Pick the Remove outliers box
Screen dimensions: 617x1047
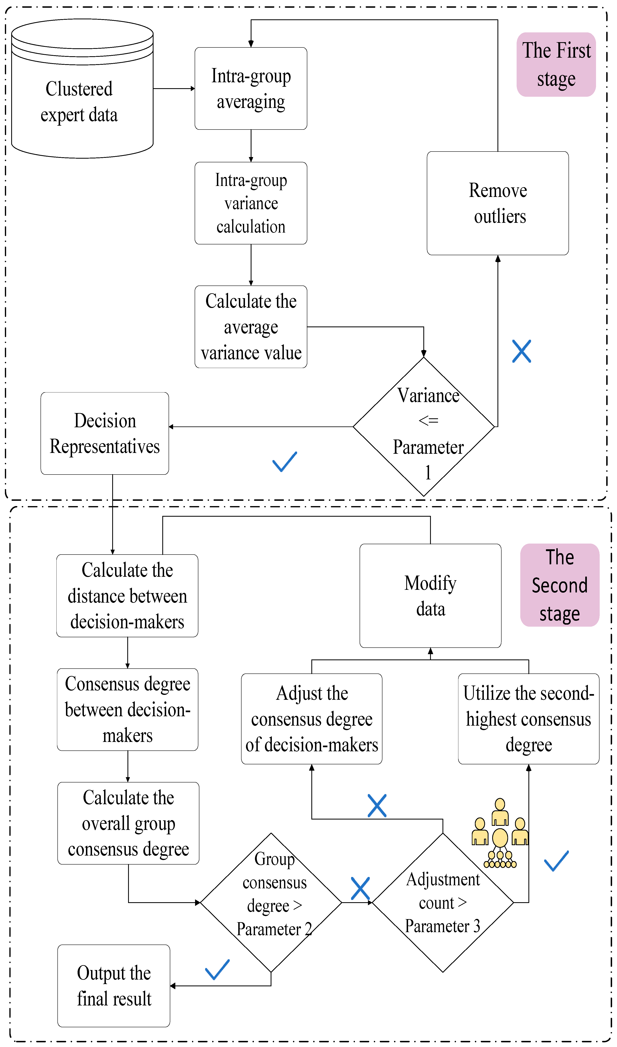(498, 203)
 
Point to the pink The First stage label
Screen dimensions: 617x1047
(556, 64)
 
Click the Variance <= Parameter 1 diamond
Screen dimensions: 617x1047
(424, 427)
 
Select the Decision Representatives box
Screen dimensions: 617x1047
(105, 433)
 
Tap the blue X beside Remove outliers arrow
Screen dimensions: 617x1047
(521, 351)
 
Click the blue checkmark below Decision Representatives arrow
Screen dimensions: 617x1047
(285, 461)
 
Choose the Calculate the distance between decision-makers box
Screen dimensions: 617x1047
(127, 596)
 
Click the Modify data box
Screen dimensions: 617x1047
(430, 596)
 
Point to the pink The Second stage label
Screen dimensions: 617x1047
(560, 585)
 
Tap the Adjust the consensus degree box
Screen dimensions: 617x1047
(312, 719)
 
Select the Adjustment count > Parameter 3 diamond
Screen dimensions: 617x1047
(443, 903)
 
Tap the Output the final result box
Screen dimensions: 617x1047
(114, 986)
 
